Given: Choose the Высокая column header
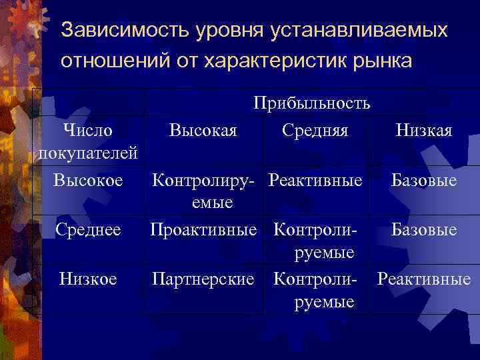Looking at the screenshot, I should tap(203, 129).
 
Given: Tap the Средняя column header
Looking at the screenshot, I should tap(315, 129).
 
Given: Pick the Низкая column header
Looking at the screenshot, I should tap(423, 129).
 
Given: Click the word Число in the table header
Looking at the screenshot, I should tap(87, 129).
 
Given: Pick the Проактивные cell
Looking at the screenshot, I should tap(203, 230).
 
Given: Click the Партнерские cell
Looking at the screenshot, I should tap(203, 279).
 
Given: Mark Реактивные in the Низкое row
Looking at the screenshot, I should tap(423, 279).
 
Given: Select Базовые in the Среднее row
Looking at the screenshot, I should tap(423, 230).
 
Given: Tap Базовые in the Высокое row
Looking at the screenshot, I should tap(423, 180).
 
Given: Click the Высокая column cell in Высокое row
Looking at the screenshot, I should tap(203, 191).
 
